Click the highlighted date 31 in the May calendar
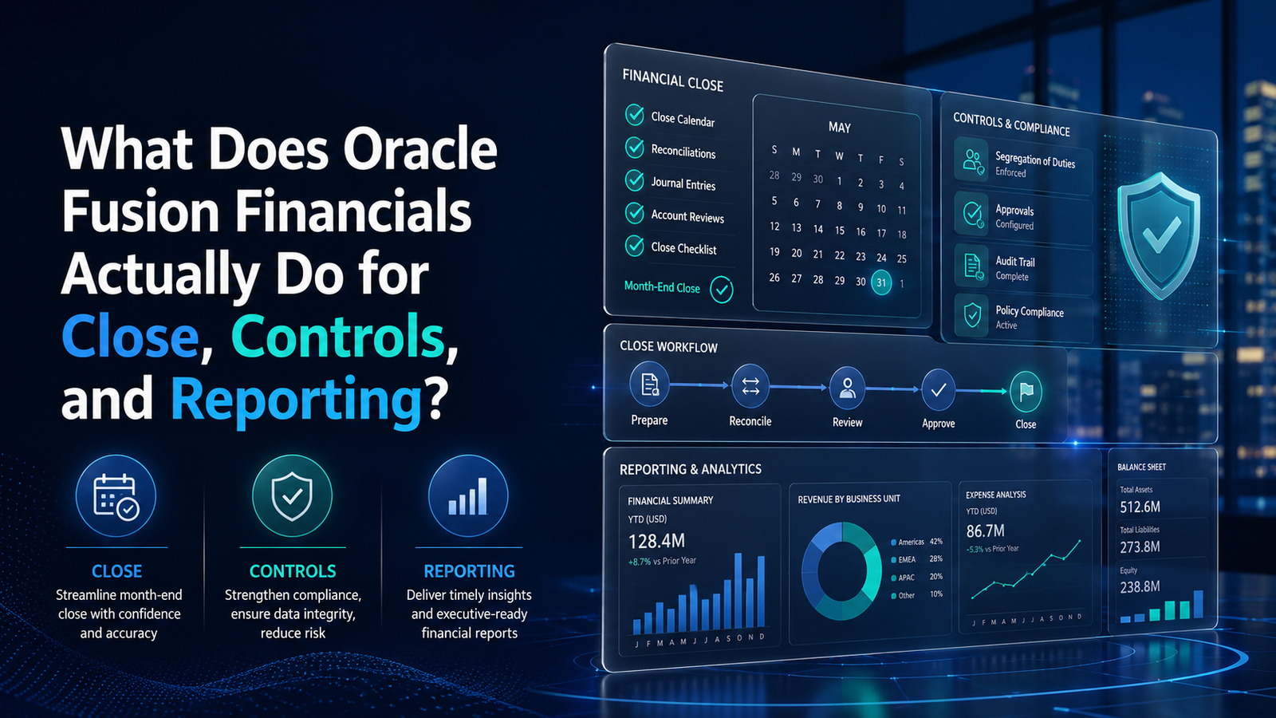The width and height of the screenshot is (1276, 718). tap(881, 282)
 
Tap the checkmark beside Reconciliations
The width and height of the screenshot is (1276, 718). tap(635, 147)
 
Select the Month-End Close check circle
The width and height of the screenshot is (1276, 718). tap(722, 290)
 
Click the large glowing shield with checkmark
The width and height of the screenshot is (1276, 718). tap(1158, 235)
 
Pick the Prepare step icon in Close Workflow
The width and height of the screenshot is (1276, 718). tap(649, 385)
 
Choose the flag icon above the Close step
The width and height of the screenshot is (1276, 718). tap(1026, 392)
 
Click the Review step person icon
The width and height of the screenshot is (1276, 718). tap(847, 388)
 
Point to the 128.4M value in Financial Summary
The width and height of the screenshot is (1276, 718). tap(656, 541)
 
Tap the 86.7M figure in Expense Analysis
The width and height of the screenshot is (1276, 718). tap(986, 531)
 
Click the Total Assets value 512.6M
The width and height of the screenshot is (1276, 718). tap(1140, 507)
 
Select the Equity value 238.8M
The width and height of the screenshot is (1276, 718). tap(1140, 587)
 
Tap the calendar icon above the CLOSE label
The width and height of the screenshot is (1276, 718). tap(116, 495)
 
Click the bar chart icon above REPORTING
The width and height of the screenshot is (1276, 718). tap(468, 495)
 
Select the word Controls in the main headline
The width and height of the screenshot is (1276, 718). tap(337, 337)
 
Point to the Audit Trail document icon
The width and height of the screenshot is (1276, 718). tap(972, 266)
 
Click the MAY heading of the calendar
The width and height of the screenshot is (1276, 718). tap(840, 127)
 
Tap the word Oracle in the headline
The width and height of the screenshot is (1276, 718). tap(419, 148)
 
